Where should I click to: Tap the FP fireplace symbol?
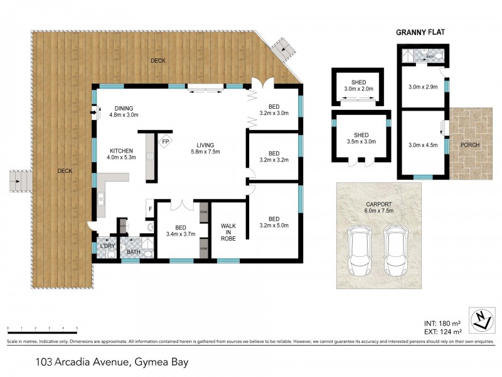coord(166,142)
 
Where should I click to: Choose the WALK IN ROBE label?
coord(228,233)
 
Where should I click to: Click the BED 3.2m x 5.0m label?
coord(274,222)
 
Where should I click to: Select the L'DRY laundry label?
coord(107,246)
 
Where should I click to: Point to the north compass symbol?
coord(479,321)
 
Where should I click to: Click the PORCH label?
coord(469,145)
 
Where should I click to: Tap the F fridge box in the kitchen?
coord(149,208)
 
